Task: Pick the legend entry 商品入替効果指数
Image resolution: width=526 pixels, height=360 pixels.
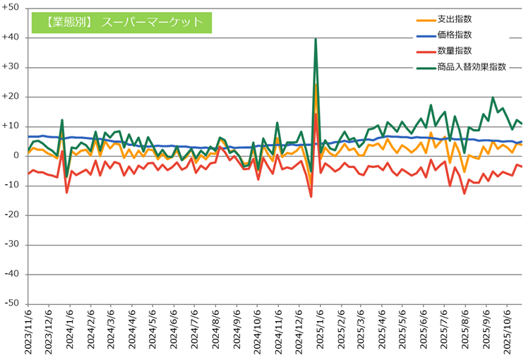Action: [x=472, y=67]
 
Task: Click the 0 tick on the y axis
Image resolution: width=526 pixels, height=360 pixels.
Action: [x=16, y=156]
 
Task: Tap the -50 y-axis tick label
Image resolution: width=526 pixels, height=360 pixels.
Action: [x=13, y=304]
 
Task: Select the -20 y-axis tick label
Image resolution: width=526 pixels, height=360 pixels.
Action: [x=13, y=215]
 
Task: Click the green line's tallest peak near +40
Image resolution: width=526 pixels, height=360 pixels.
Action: [x=316, y=39]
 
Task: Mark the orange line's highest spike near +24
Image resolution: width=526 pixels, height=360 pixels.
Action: [x=316, y=85]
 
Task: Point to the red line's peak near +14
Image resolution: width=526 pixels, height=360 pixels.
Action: [x=316, y=114]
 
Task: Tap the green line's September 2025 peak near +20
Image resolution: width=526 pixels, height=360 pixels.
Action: [x=493, y=97]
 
